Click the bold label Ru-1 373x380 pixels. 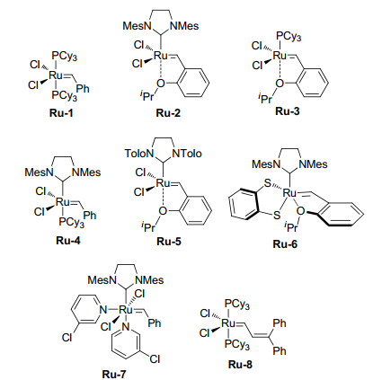click(61, 113)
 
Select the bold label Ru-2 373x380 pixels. click(168, 113)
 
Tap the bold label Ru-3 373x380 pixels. click(288, 111)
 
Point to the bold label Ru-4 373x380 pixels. click(68, 240)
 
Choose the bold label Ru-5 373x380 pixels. click(169, 242)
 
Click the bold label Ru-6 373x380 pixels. click(285, 244)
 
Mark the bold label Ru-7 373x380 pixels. click(114, 374)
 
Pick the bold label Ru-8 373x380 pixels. click(240, 365)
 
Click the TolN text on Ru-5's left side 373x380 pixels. click(139, 154)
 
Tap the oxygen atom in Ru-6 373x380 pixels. click(300, 211)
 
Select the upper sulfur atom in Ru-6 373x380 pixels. click(268, 183)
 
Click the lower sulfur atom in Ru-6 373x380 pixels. click(277, 215)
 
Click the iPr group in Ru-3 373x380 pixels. click(265, 97)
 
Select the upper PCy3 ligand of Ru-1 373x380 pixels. click(65, 57)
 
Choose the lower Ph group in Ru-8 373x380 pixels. click(280, 350)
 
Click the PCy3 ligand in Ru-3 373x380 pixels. click(289, 37)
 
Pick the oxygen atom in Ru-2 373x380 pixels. click(161, 83)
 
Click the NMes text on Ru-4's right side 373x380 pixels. click(86, 172)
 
